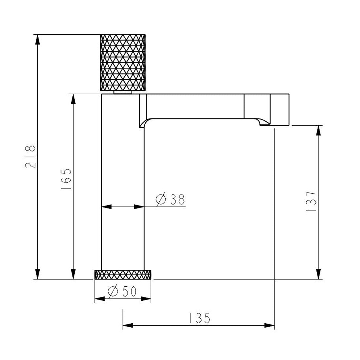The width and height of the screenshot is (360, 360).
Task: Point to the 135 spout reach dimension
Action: pyautogui.click(x=199, y=318)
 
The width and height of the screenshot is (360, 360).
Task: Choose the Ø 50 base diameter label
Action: pyautogui.click(x=122, y=291)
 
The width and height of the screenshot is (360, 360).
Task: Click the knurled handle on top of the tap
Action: pyautogui.click(x=122, y=62)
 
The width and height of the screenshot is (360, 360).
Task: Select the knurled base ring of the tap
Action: pyautogui.click(x=123, y=274)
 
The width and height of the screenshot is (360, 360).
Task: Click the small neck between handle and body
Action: pyautogui.click(x=123, y=92)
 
